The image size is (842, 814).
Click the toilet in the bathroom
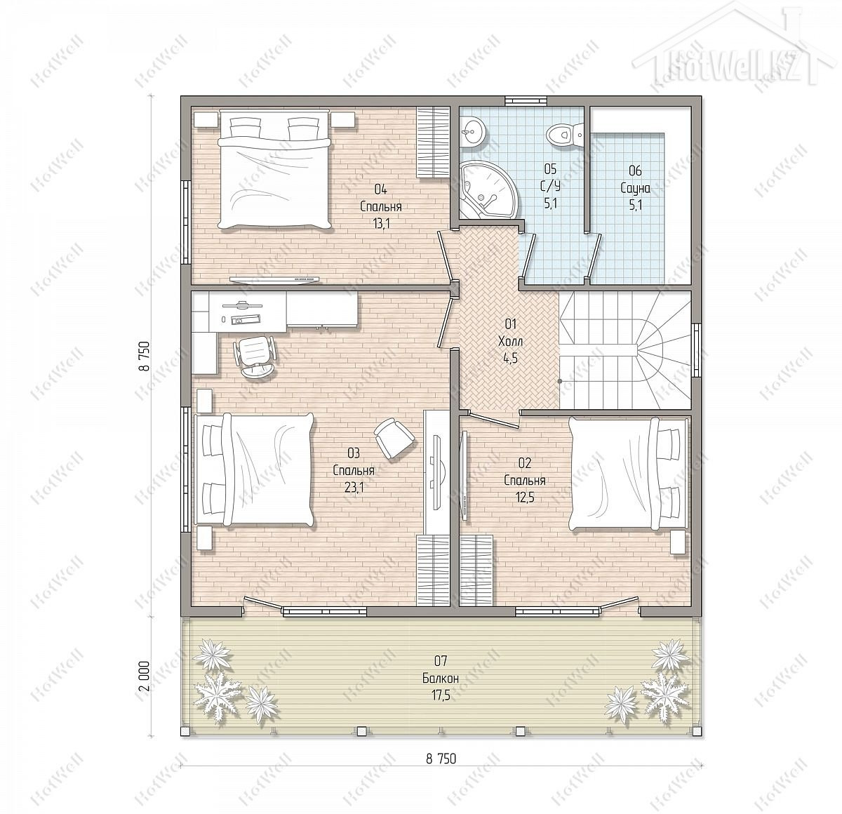click(565, 134)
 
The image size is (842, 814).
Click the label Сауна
click(635, 188)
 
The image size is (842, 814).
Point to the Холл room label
click(511, 342)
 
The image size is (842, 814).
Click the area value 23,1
click(354, 488)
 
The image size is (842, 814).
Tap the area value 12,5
click(524, 498)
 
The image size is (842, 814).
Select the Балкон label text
click(441, 678)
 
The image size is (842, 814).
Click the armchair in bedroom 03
click(394, 438)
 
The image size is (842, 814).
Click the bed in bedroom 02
click(629, 474)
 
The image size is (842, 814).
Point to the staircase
click(625, 349)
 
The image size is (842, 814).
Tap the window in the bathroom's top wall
click(526, 100)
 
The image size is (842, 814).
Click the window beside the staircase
click(696, 350)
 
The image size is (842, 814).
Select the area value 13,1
click(381, 223)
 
